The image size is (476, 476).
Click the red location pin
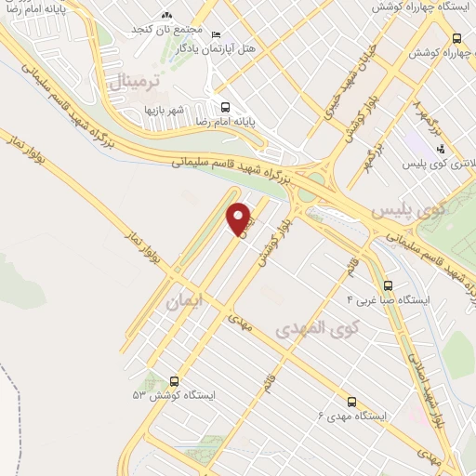(240, 218)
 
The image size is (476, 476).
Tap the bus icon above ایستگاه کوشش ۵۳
(174, 381)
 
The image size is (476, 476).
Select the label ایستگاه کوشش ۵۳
(174, 395)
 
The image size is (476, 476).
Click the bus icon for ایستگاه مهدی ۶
(351, 402)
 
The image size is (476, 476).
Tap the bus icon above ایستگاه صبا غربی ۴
(388, 285)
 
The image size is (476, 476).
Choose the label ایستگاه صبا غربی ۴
(387, 300)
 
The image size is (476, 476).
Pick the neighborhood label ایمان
(182, 301)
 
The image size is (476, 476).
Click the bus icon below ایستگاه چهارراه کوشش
(456, 38)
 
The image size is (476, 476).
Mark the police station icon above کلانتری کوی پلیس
(440, 149)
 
